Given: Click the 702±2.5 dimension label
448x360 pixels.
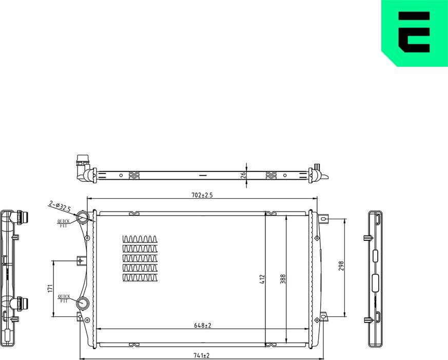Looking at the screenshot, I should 202,195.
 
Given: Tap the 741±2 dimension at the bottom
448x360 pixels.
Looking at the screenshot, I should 202,355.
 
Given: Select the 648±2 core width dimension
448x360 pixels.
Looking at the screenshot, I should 203,325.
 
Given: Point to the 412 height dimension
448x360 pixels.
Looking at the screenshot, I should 262,279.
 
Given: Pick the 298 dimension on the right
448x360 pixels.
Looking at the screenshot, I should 341,266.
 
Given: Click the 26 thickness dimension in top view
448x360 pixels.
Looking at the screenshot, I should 244,175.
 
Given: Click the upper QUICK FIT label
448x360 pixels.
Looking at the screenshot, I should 63,223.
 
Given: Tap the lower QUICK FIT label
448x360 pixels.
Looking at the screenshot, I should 64,298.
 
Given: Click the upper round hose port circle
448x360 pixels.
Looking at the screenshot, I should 83,218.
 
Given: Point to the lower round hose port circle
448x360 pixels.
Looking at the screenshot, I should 83,303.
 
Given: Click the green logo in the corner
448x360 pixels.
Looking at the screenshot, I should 414,33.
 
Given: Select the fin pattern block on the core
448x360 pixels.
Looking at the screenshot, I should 140,258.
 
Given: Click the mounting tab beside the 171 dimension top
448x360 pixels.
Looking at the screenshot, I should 80,261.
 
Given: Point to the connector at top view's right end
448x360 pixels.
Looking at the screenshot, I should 318,174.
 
